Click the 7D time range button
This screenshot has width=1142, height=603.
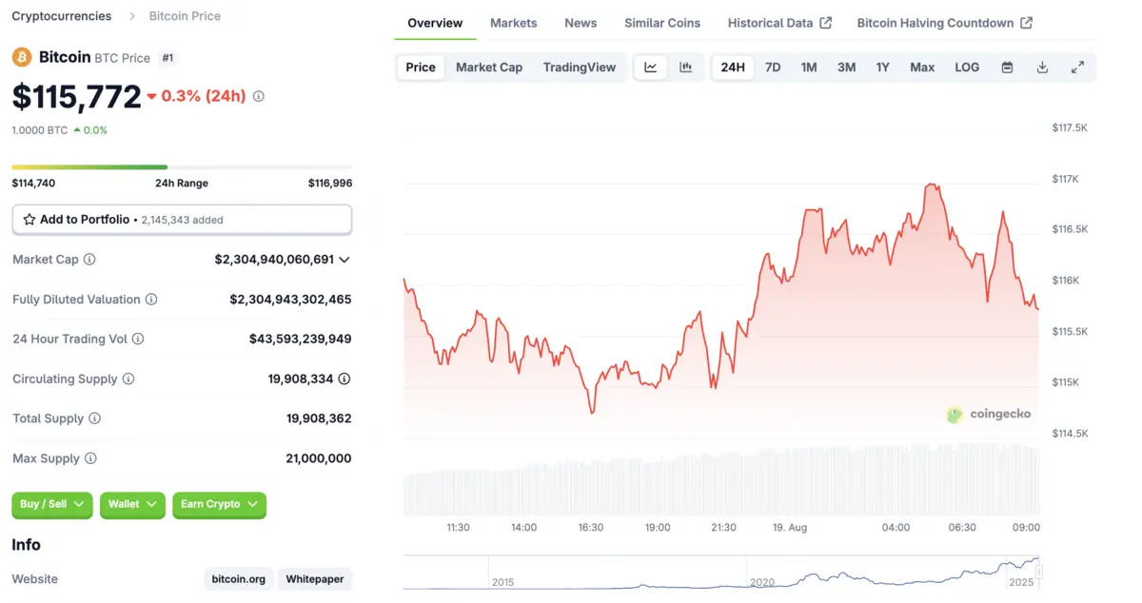pos(773,68)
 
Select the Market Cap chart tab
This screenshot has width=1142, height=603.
pos(489,68)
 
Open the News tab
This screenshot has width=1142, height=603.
pos(581,23)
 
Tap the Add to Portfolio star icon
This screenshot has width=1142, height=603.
pos(30,220)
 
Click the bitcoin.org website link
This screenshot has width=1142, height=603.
pos(238,579)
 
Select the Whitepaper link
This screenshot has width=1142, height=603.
pos(315,579)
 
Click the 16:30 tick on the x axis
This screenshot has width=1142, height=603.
pos(591,528)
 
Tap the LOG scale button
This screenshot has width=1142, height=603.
pos(967,68)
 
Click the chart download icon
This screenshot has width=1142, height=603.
pos(1042,68)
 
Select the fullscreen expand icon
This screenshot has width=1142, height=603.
pos(1077,68)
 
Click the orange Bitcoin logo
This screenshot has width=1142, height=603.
pos(22,58)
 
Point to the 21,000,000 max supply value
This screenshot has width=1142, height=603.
pos(318,458)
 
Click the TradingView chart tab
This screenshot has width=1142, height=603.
pos(580,68)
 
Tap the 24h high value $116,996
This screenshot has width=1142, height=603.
pos(329,184)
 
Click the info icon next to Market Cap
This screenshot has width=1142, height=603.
pos(89,260)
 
